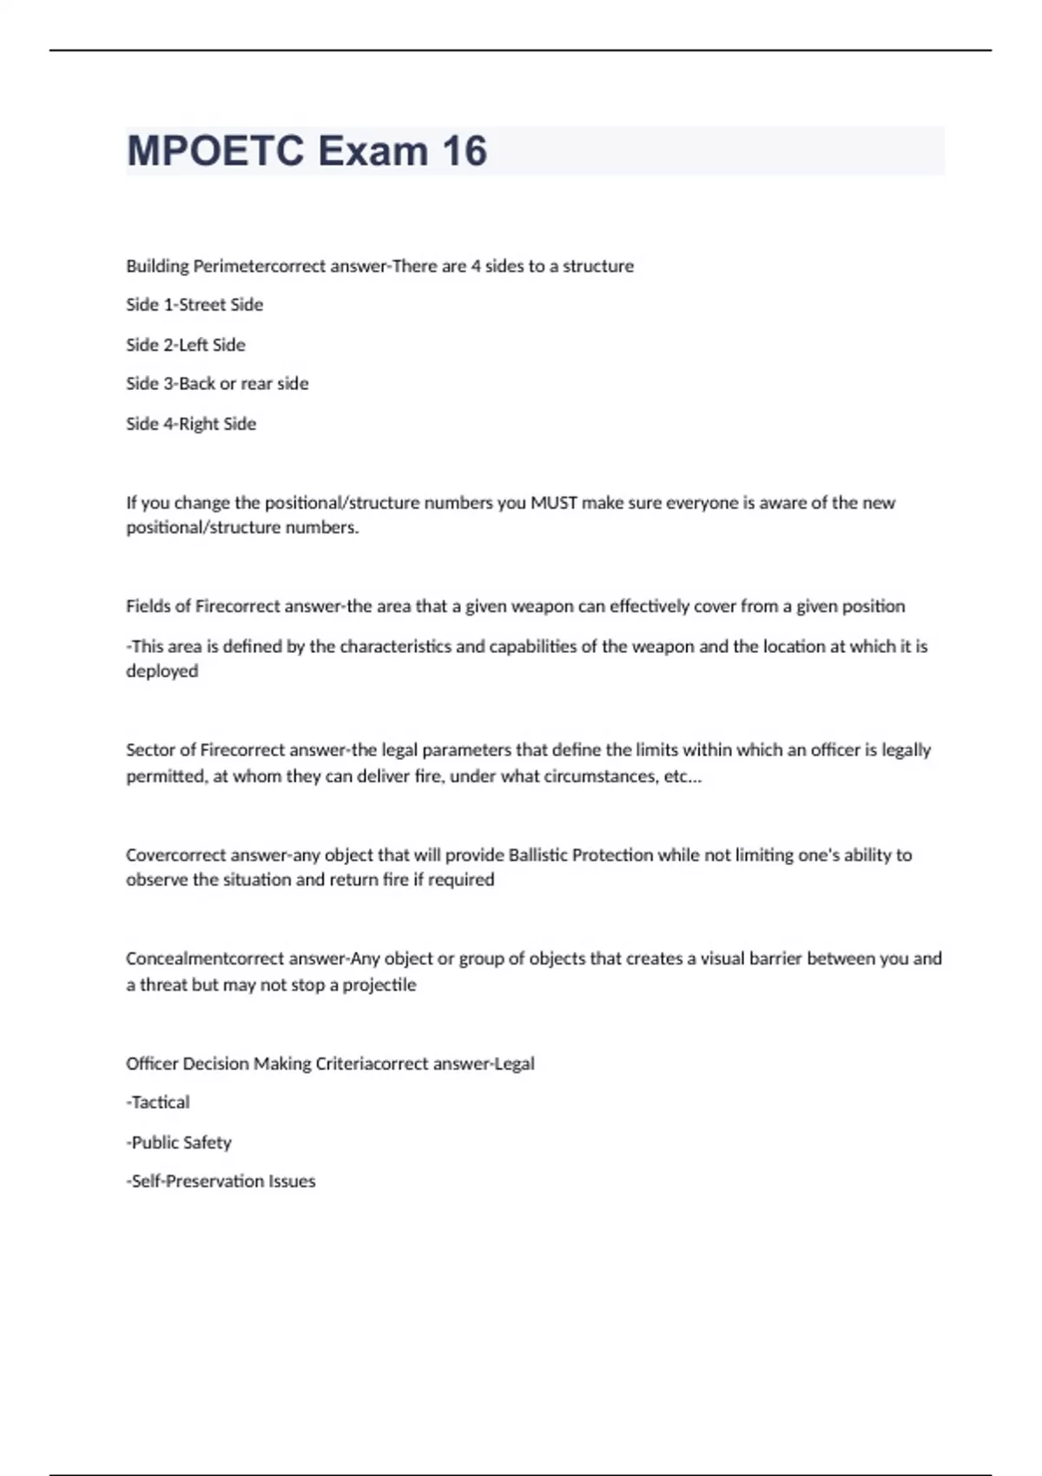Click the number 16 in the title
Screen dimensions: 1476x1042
pos(465,151)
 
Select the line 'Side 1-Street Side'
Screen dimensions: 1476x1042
pos(195,305)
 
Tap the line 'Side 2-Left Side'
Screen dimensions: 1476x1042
pos(186,345)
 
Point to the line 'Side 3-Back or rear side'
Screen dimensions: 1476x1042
pos(217,384)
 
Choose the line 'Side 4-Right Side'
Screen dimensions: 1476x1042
pos(191,424)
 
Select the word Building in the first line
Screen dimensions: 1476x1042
pos(157,266)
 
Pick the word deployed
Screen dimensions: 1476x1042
pos(162,671)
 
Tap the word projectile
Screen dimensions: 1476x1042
pos(379,985)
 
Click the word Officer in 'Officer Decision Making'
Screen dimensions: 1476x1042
pos(152,1064)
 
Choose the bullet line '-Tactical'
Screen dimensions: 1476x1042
pos(158,1103)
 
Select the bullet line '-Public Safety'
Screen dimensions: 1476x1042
pos(179,1143)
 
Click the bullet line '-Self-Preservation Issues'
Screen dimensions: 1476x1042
pos(221,1181)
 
